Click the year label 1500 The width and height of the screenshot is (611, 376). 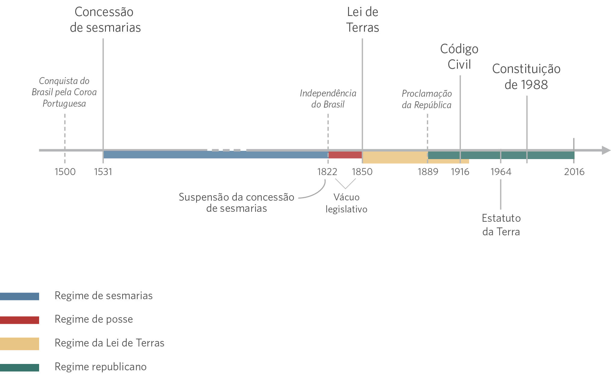coord(65,172)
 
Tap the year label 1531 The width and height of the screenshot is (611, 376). coord(103,172)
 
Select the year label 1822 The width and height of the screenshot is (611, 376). coord(327,172)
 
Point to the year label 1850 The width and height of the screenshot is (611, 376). coord(362,172)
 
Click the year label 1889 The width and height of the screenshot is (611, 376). coord(428,172)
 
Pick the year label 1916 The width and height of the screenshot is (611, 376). coord(460,172)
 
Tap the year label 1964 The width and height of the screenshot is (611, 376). coord(501,172)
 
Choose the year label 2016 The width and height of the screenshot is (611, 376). coord(574,172)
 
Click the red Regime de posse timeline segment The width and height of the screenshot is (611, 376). coord(345,155)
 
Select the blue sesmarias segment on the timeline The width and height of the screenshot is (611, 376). coord(215,155)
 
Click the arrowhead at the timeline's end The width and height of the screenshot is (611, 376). coord(606,150)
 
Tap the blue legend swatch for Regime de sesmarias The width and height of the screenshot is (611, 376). coord(20,296)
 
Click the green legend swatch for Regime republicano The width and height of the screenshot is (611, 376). coord(20,367)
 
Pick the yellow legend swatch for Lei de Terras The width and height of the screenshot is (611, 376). coord(20,343)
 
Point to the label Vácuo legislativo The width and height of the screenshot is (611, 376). coord(346,203)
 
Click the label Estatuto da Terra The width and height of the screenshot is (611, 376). coord(501,225)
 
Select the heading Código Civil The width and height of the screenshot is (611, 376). coord(459,57)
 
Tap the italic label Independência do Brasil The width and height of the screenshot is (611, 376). coord(328,99)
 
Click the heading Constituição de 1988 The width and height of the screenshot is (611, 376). coord(526,77)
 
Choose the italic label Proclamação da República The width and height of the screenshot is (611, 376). coord(427,99)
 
